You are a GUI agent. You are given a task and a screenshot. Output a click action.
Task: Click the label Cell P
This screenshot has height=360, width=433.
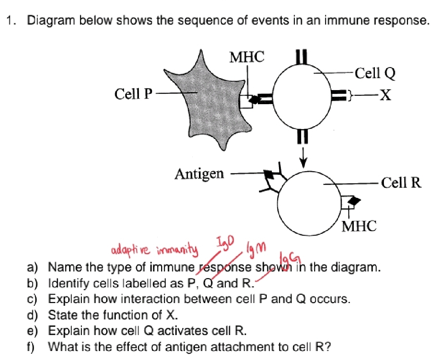pyautogui.click(x=133, y=94)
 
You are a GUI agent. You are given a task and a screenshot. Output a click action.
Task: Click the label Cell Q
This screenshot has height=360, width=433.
pyautogui.click(x=374, y=73)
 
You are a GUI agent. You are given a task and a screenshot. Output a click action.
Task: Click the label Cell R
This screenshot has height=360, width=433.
pyautogui.click(x=401, y=183)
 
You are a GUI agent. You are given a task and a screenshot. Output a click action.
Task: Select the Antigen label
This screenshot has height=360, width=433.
pyautogui.click(x=199, y=174)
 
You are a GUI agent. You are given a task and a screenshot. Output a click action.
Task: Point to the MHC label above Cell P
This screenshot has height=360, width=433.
pyautogui.click(x=247, y=57)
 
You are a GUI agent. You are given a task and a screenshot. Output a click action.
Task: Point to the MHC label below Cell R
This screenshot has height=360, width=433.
pyautogui.click(x=359, y=226)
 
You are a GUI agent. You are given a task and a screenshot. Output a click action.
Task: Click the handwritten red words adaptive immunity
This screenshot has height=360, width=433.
pyautogui.click(x=154, y=249)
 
